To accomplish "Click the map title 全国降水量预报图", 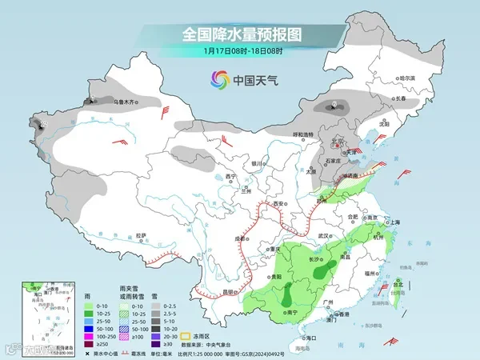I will pyautogui.click(x=240, y=34).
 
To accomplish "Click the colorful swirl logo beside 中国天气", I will pyautogui.click(x=218, y=79).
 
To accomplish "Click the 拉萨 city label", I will pyautogui.click(x=141, y=235).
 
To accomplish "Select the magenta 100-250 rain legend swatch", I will pyautogui.click(x=78, y=338).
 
